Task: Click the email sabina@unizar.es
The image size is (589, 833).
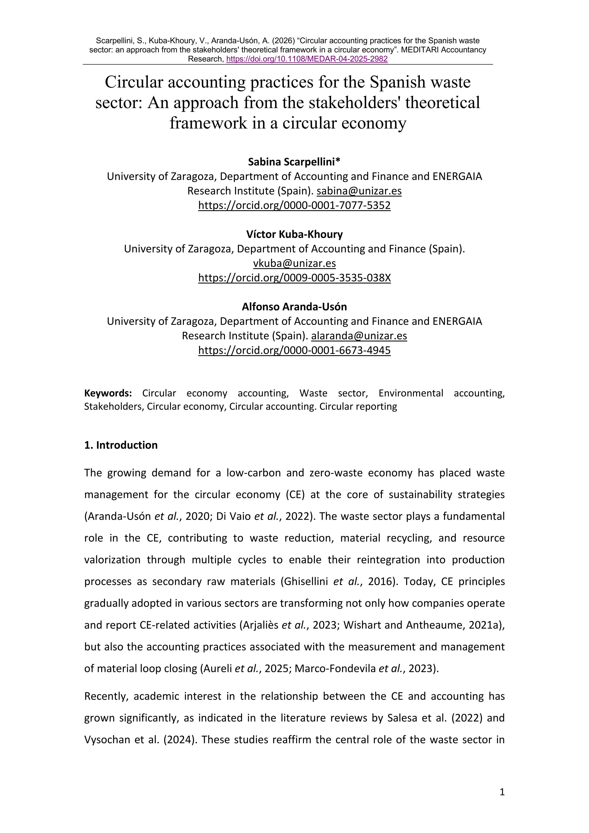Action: click(359, 191)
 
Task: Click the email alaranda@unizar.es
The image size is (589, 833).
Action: click(359, 336)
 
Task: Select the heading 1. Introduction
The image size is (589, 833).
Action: click(121, 445)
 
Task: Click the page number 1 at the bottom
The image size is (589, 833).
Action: click(502, 802)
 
